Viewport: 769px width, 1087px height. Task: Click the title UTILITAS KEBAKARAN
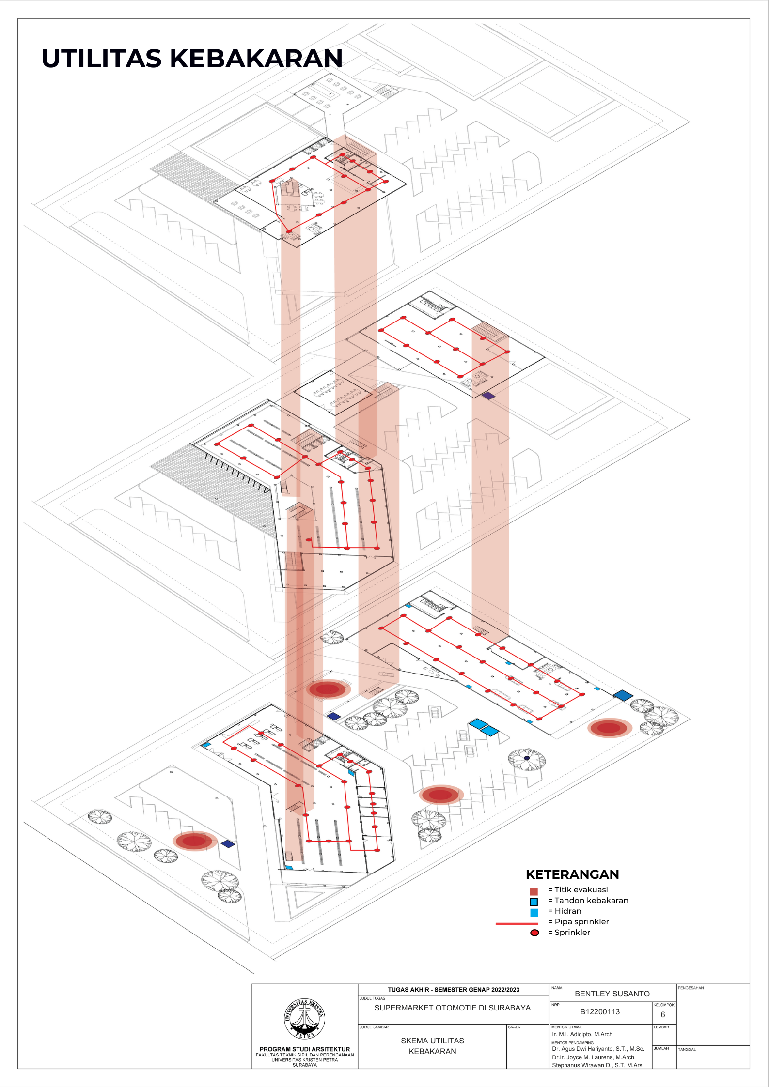(x=192, y=59)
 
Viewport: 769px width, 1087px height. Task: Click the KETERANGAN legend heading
(x=572, y=874)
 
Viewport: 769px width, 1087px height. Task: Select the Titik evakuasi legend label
(x=581, y=889)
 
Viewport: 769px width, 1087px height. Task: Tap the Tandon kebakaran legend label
(x=591, y=900)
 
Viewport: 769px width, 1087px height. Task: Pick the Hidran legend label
(x=567, y=911)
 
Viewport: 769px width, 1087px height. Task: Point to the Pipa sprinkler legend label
(x=581, y=921)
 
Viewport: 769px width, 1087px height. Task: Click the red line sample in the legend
(x=517, y=923)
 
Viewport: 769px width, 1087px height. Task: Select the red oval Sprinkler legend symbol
(x=534, y=933)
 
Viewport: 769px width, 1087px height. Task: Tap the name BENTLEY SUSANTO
(x=612, y=994)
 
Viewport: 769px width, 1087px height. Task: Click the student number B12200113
(x=600, y=1011)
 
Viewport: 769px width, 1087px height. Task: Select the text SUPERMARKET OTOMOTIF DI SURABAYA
(x=452, y=1008)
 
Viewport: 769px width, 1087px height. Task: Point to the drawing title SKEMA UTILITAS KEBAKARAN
(x=432, y=1046)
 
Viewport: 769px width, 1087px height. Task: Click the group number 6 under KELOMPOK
(x=663, y=1014)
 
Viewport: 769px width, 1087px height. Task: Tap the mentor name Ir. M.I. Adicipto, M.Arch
(x=582, y=1034)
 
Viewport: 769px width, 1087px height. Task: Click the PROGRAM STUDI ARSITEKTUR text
(x=304, y=1049)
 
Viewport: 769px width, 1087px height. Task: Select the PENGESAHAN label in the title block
(x=691, y=988)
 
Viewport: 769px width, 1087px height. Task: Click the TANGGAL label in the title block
(x=687, y=1049)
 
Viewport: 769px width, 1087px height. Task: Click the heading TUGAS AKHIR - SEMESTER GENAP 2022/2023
(x=453, y=990)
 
